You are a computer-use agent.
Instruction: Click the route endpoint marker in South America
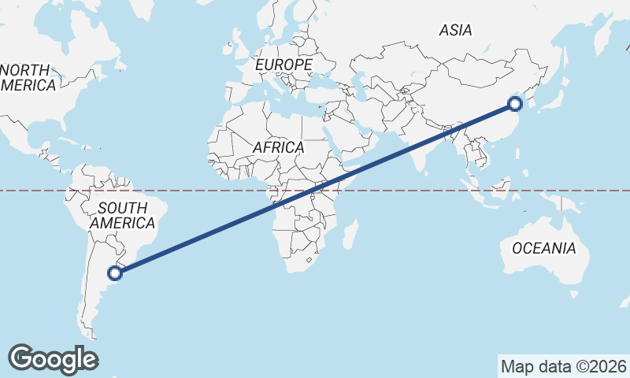tap(115, 273)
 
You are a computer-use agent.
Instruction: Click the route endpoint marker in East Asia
tap(515, 103)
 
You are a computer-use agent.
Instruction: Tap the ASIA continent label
tap(455, 31)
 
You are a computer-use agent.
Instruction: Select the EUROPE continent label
tap(284, 64)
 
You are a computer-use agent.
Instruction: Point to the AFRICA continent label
tap(278, 147)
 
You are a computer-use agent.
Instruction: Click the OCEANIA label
tap(544, 249)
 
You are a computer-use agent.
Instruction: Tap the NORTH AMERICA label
tap(28, 77)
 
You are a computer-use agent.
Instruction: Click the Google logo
tap(53, 358)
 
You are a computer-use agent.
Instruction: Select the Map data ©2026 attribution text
tap(563, 366)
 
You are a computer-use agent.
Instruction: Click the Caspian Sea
tap(359, 83)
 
